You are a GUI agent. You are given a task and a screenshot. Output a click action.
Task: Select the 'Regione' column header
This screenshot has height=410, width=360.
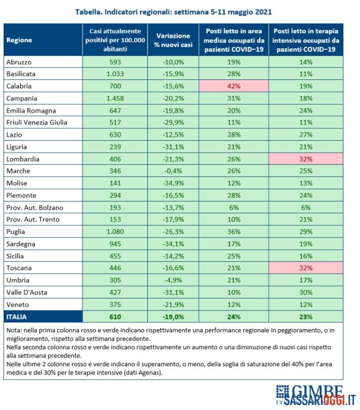[x=19, y=40]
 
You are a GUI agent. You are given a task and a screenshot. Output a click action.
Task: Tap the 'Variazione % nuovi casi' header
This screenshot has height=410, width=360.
[x=173, y=40]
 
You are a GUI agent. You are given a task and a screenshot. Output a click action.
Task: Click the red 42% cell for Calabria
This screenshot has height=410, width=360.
[x=234, y=86]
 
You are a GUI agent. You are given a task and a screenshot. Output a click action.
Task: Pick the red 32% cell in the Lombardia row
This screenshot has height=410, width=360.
[x=306, y=159]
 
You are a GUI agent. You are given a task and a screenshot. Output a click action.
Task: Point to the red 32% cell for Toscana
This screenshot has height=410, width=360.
[x=306, y=268]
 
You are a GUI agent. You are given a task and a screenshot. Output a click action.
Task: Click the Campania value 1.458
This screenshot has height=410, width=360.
[x=115, y=98]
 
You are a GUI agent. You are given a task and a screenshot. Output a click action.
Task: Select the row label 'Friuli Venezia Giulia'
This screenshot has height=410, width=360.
[x=37, y=123]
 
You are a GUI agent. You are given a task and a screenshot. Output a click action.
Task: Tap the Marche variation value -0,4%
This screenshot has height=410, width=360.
[x=173, y=171]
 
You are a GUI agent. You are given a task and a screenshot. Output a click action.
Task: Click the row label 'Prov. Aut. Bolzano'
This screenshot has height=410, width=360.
[x=35, y=208]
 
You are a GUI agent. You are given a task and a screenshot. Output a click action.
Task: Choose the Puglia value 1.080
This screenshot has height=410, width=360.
[x=115, y=232]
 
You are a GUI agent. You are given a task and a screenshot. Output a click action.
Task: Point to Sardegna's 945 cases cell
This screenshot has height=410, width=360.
[x=115, y=244]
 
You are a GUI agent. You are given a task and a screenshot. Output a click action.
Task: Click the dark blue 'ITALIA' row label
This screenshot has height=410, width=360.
[x=17, y=317]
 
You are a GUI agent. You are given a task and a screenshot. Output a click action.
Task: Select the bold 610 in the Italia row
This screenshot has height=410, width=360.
[x=115, y=317]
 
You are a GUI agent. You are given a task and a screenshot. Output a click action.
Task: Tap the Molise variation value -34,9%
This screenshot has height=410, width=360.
[x=173, y=183]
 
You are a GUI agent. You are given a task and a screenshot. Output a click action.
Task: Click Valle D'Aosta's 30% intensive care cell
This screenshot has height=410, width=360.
[x=306, y=292]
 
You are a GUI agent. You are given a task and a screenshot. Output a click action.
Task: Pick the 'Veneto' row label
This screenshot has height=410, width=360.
[x=18, y=304]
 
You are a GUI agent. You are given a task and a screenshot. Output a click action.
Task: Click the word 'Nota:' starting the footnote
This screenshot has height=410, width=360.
[x=14, y=330]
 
